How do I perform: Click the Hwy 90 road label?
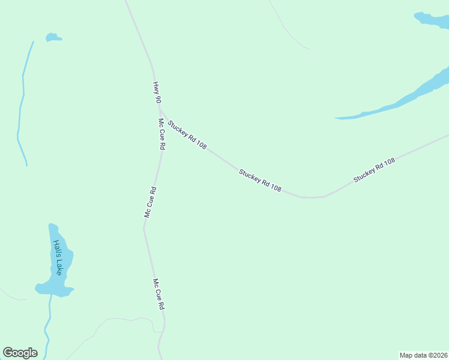(x=157, y=92)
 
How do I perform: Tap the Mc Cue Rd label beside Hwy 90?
(x=161, y=134)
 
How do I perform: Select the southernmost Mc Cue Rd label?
(x=158, y=294)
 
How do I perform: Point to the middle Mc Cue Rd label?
(x=150, y=202)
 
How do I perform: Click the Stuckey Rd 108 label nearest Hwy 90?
(x=187, y=135)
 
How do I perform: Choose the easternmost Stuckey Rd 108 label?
(x=374, y=170)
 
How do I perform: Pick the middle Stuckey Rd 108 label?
(x=260, y=180)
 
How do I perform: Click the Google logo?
(x=20, y=353)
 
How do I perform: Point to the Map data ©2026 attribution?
(x=424, y=355)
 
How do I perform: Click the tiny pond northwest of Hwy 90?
(x=53, y=37)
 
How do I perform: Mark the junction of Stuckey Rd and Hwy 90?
(x=159, y=109)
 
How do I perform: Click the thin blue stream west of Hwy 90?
(x=21, y=102)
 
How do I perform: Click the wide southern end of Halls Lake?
(x=54, y=289)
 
